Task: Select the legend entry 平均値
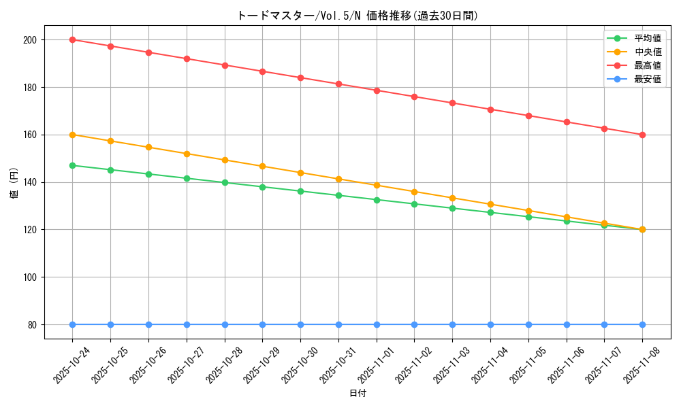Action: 647,38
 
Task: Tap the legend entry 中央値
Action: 647,52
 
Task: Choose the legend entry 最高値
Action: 647,65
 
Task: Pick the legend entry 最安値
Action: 647,79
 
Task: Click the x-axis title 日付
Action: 358,394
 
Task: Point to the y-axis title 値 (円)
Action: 14,184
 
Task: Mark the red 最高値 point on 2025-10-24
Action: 72,39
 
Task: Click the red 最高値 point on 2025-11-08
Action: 642,135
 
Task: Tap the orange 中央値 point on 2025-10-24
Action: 72,135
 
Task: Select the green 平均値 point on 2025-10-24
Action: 72,165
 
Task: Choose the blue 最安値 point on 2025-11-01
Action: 377,324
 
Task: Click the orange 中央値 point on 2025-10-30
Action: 300,173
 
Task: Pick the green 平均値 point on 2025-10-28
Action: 225,182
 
